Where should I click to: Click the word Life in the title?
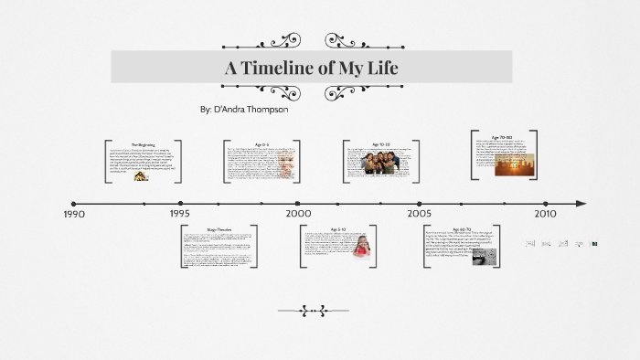click(x=380, y=68)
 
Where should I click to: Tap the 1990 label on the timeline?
click(x=75, y=214)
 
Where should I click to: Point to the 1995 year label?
click(x=180, y=213)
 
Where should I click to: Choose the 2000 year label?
click(x=298, y=213)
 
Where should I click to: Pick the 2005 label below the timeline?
click(x=420, y=213)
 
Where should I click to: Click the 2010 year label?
click(x=545, y=213)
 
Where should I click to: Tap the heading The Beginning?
click(x=143, y=144)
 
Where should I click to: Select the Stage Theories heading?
click(x=219, y=229)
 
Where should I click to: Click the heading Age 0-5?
click(x=261, y=144)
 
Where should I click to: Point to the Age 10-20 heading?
click(x=381, y=144)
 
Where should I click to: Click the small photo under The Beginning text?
click(x=142, y=175)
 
